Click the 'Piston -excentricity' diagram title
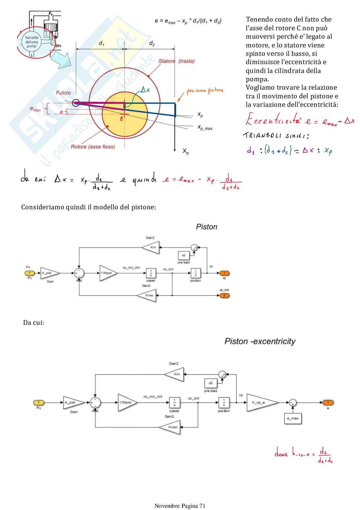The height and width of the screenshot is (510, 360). pos(260,341)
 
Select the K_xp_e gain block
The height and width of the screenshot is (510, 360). pos(262,403)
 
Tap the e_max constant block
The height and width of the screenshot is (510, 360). pos(293,418)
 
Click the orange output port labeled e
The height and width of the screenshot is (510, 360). pos(328,403)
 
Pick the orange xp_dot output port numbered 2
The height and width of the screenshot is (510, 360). pos(225,295)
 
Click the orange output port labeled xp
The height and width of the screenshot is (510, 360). pos(225,273)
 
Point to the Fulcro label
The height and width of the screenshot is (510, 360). pos(63,93)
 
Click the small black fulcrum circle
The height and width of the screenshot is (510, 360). pos(75,103)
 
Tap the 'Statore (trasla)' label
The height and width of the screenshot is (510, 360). pos(176,61)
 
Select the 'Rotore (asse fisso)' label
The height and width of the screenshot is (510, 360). pos(93,147)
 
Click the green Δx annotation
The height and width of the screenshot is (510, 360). pos(145,90)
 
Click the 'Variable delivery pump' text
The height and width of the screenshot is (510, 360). pos(32,42)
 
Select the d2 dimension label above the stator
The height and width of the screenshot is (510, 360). pos(152,43)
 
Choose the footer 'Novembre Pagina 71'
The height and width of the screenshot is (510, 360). pos(180,505)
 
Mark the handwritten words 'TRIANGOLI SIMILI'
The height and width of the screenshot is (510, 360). pos(276,135)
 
